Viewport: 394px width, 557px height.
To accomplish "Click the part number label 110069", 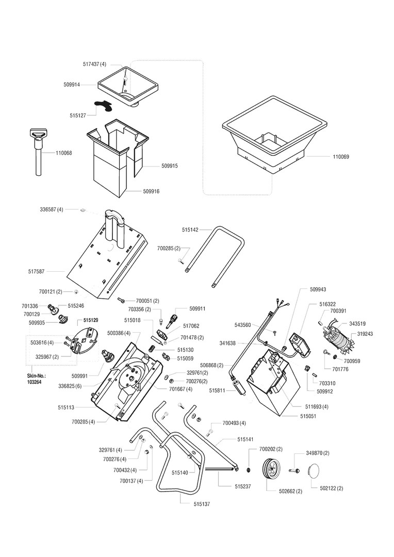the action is click(341, 156).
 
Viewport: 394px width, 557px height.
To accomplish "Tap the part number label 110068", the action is click(63, 153).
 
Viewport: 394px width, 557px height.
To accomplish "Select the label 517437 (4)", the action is click(94, 64).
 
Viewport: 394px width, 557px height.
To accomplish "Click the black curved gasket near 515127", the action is click(103, 105).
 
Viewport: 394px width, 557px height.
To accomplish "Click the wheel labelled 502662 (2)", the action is click(272, 470).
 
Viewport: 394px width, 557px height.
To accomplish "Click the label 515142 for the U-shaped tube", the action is click(190, 230).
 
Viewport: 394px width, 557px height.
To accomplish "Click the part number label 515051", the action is click(308, 416).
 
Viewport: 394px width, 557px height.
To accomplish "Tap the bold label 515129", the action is click(92, 320).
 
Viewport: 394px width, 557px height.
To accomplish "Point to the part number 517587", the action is click(36, 271).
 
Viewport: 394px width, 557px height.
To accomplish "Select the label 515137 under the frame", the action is click(202, 504).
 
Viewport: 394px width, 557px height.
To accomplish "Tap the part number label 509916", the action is click(151, 191).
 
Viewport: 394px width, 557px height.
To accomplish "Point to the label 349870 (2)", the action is click(318, 453).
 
